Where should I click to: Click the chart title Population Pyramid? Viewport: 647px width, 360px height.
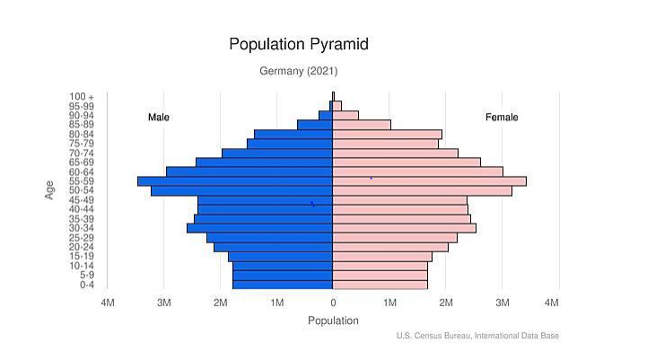point(298,44)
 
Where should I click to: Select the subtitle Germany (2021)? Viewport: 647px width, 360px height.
point(299,71)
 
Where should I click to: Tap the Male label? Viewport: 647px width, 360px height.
point(159,118)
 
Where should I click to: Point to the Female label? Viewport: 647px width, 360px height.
point(502,118)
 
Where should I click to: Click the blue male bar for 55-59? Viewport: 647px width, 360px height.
point(235,181)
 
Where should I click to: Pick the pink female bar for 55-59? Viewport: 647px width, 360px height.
point(429,181)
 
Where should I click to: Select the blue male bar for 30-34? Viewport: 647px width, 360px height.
point(260,228)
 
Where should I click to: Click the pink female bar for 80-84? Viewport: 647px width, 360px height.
point(387,135)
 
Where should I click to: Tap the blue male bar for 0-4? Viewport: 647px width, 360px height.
point(283,285)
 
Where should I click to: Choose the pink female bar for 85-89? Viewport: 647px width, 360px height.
point(362,125)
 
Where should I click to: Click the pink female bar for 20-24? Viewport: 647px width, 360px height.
point(390,247)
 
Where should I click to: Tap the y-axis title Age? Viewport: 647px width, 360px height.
point(50,190)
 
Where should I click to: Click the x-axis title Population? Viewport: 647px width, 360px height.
point(333,320)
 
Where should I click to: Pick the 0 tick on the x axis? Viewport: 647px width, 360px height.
point(333,303)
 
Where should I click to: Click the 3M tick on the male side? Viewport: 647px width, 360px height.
point(163,303)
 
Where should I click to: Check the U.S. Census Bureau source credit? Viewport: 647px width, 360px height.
point(477,336)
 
